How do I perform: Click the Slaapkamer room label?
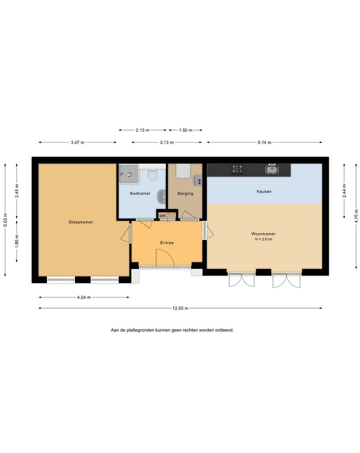81,222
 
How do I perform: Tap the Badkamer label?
140,193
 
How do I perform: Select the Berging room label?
185,193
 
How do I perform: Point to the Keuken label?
264,191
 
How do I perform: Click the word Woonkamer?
263,234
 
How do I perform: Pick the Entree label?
167,243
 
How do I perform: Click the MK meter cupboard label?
162,216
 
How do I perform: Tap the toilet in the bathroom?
152,174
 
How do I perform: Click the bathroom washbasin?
162,197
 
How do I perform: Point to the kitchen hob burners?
237,169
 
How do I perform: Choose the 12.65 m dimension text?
181,308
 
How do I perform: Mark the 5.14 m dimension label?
265,143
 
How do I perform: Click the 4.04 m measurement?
84,297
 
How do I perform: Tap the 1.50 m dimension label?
185,130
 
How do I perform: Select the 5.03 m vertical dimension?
5,220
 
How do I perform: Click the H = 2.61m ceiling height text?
263,239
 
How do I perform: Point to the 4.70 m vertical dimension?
356,216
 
